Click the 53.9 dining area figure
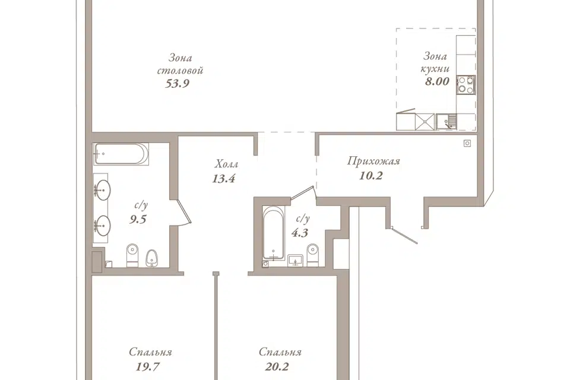tap(178, 84)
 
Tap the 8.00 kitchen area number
tap(438, 81)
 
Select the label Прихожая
tap(373, 161)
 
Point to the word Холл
tap(226, 164)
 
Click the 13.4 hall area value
tap(224, 179)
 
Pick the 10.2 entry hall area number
tap(370, 176)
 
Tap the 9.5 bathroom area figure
tap(138, 220)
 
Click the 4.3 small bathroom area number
tap(300, 233)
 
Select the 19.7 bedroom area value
tap(148, 366)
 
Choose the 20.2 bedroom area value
tap(277, 366)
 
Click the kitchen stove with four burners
tap(465, 84)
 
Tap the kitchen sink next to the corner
tap(446, 122)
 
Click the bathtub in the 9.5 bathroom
tap(121, 154)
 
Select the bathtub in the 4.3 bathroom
tap(274, 233)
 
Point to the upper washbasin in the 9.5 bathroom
tap(102, 189)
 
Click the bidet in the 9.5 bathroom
tap(151, 258)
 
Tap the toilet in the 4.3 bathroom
tap(313, 255)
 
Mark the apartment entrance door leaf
tap(404, 235)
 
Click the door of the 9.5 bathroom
tap(183, 211)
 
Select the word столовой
tap(180, 70)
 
